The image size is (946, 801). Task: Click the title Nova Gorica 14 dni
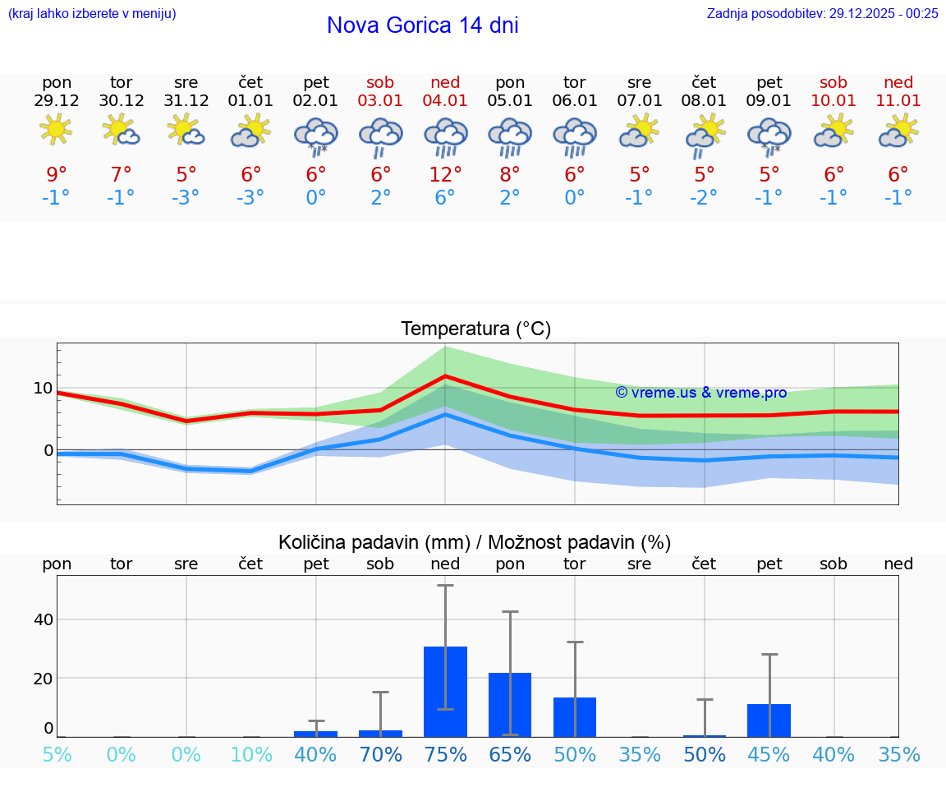(422, 25)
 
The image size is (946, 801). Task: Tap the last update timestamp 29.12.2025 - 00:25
(872, 13)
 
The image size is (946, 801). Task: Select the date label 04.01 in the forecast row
(445, 100)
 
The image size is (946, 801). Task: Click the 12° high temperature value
(445, 174)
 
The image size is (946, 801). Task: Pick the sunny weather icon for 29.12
(56, 130)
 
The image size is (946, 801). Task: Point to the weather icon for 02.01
(316, 136)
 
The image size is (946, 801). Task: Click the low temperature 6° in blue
(445, 197)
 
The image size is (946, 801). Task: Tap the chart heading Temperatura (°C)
(475, 329)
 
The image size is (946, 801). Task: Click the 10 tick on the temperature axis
(43, 388)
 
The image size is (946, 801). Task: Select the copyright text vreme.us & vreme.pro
(700, 393)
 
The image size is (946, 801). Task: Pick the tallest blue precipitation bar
(445, 691)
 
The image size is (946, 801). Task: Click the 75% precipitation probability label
(445, 754)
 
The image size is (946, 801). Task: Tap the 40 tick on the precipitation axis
(43, 619)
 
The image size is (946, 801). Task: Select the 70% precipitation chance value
(380, 754)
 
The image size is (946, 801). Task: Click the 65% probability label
(510, 754)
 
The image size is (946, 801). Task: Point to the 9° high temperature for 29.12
(56, 174)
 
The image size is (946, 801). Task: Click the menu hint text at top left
(92, 13)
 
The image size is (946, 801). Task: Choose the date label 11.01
(898, 100)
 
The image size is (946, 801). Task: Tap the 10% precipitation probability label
(251, 754)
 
